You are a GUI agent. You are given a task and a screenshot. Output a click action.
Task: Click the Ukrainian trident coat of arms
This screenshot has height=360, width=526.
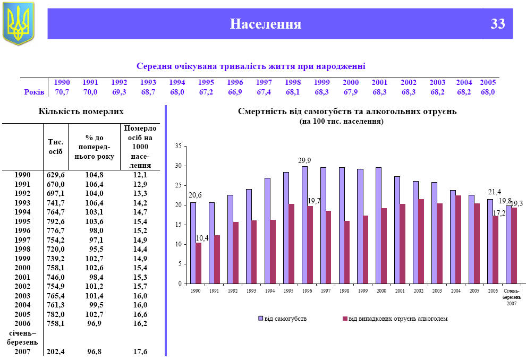tap(19, 23)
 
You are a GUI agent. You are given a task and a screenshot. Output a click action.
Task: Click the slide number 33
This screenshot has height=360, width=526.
tap(498, 24)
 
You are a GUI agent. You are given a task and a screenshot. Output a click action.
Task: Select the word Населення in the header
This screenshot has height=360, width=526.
tap(266, 24)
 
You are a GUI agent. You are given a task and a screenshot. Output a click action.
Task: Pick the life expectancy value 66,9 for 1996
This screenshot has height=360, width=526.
tap(235, 92)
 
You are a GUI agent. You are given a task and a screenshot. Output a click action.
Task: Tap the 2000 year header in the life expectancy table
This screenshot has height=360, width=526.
tap(351, 82)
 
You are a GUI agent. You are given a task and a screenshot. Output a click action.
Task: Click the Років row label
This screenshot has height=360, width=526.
tap(34, 92)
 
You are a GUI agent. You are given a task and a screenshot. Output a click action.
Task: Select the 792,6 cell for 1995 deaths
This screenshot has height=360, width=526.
tap(56, 221)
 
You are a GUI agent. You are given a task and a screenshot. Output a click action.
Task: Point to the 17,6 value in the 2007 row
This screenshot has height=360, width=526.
tap(140, 352)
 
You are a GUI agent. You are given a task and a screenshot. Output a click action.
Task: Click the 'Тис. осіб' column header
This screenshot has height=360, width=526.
tap(56, 147)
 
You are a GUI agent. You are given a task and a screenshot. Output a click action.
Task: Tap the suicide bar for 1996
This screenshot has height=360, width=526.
tap(304, 225)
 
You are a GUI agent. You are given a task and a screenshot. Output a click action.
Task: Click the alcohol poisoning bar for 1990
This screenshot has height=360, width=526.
tap(199, 263)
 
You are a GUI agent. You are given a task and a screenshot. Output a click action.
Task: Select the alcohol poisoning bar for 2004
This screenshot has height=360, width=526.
tap(459, 239)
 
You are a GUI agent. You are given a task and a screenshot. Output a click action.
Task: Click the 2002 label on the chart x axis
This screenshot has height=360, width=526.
tap(418, 290)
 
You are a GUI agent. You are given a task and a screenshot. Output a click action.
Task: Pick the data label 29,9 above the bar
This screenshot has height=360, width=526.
tap(304, 160)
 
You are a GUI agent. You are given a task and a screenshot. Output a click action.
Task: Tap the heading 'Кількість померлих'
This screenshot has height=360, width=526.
tap(81, 112)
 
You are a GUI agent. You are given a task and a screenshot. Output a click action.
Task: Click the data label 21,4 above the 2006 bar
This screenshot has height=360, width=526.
tap(495, 192)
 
